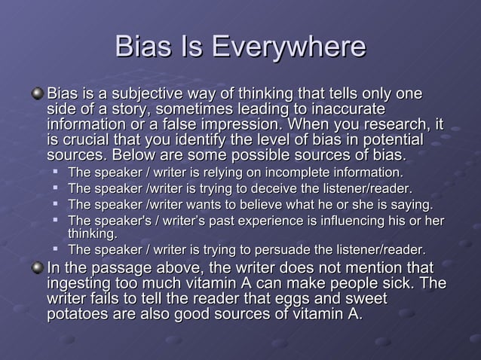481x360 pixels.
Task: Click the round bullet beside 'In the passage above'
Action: pos(38,270)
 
